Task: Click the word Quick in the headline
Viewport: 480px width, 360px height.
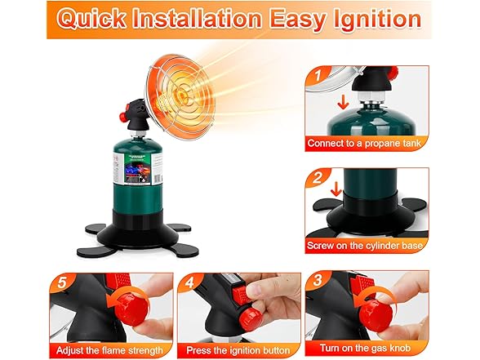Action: pos(91,19)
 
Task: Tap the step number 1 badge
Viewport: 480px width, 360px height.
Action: pos(318,75)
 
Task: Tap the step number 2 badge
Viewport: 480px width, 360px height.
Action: pos(318,178)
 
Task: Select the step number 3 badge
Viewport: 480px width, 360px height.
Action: pos(318,280)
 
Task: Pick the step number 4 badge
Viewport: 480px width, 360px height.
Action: pos(189,282)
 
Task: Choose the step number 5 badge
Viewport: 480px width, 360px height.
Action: pos(61,282)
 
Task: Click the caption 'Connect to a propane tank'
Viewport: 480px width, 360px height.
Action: pos(364,143)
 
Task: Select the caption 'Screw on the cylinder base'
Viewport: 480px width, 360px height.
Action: pos(365,246)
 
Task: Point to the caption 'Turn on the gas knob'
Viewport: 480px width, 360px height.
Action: pos(365,348)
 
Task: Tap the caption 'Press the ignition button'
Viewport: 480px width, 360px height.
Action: pos(238,350)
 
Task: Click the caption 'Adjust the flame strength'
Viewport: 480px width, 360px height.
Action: pos(109,350)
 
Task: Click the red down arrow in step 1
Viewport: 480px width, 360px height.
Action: pos(343,102)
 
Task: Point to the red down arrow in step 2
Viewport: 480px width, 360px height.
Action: pos(336,189)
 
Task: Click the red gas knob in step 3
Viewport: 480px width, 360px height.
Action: pos(376,315)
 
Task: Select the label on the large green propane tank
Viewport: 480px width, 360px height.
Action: pos(137,169)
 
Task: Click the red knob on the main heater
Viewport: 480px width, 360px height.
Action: pos(124,117)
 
